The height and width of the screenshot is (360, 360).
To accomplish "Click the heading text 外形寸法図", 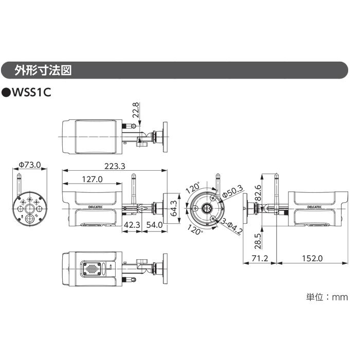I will [x=43, y=70].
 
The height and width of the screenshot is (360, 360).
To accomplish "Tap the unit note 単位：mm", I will [x=327, y=297].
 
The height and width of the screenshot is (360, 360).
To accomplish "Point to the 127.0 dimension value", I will [x=92, y=179].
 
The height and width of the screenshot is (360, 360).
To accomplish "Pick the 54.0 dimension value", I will [x=154, y=225].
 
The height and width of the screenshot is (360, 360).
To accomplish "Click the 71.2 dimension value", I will [x=260, y=258].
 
